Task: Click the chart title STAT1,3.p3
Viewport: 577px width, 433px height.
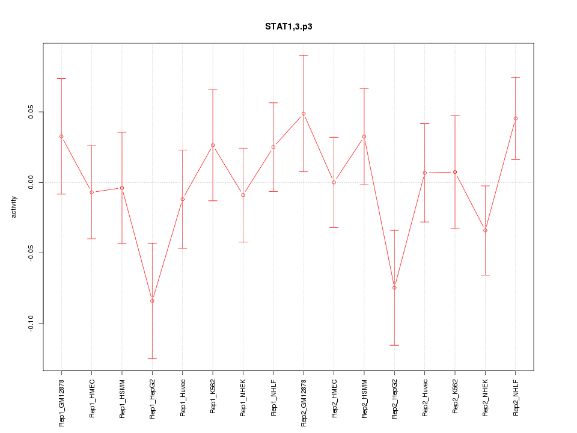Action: point(288,26)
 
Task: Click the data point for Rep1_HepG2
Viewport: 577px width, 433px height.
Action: point(152,301)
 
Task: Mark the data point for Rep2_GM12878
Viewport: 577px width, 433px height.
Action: point(304,113)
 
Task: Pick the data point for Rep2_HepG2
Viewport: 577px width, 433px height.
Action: point(394,287)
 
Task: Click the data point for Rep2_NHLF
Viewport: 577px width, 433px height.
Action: point(516,118)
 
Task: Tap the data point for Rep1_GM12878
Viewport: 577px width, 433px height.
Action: point(61,136)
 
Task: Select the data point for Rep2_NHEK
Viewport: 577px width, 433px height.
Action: point(485,230)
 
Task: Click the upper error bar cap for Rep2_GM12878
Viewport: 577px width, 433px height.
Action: point(304,55)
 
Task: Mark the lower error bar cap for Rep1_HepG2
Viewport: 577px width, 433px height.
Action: point(152,358)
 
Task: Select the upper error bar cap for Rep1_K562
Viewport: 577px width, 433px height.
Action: point(213,90)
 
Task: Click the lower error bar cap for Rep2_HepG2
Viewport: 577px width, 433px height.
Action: point(394,345)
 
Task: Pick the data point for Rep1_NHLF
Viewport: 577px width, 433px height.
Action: point(273,147)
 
